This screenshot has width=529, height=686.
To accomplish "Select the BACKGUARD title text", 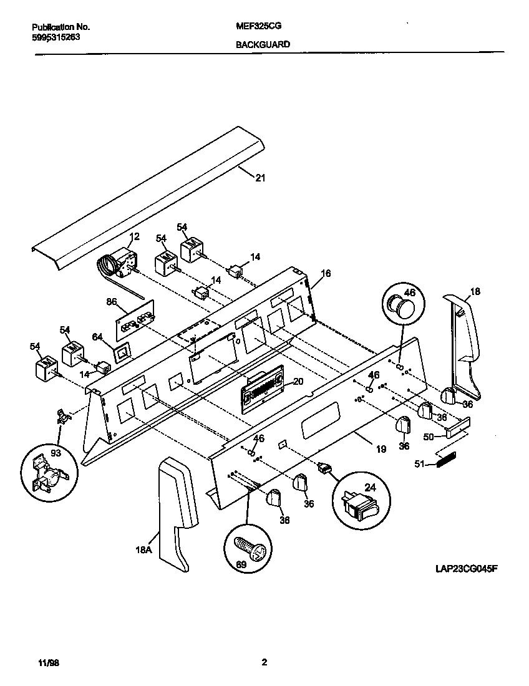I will [263, 44].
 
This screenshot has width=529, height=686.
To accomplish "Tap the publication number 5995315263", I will [56, 37].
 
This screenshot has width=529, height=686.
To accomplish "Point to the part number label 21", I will [260, 178].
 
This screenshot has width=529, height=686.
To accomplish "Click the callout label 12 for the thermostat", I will [134, 236].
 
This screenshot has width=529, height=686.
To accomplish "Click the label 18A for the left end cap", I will [144, 550].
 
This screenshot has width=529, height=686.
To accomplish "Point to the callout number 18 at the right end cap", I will [475, 291].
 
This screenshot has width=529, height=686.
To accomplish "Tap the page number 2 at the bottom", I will [264, 662].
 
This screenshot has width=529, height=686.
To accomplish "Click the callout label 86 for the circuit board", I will [112, 302].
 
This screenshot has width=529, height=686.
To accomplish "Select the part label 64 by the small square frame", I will [97, 337].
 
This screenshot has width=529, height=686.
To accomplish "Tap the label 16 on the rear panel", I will [325, 273].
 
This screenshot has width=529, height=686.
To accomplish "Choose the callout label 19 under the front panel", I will [381, 448].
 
